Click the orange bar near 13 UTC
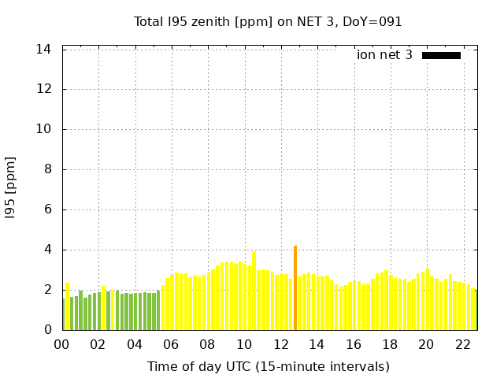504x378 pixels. coord(295,288)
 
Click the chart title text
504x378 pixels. coord(268,22)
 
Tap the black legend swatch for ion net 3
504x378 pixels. coord(441,55)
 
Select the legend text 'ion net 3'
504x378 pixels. coord(384,55)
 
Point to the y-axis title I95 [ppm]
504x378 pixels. coord(11,187)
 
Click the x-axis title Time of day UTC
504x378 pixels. coord(268,367)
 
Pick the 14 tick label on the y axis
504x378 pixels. coord(44,49)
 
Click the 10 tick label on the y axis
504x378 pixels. coord(44,129)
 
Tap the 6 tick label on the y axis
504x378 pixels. coord(47,209)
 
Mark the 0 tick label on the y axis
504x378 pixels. coord(47,330)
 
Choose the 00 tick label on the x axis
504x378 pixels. coord(62,345)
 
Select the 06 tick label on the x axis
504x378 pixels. coord(172,345)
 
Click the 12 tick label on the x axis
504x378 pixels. coord(281,345)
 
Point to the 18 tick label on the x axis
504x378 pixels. coord(390,345)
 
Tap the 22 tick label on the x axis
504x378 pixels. coord(463,345)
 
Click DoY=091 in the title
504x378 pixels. coord(374,22)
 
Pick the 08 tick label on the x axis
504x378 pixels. coord(208,345)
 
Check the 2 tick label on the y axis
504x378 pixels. coord(47,290)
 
